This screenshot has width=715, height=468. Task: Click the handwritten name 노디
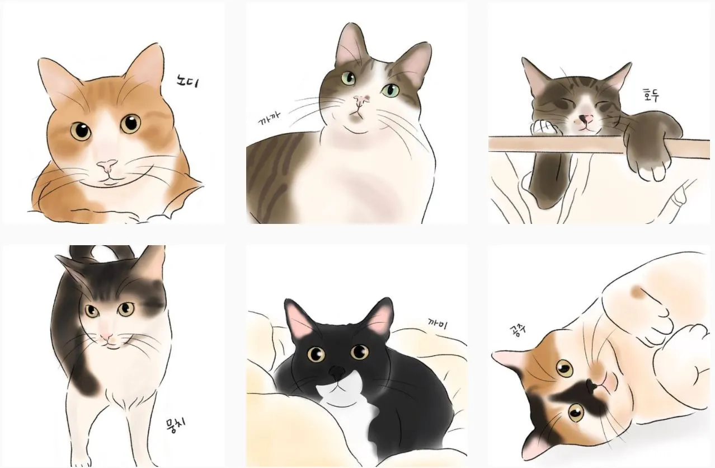click(187, 81)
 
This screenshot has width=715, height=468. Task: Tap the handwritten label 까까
click(270, 118)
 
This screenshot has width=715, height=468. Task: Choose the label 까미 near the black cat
click(438, 324)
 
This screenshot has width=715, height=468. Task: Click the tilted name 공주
click(518, 331)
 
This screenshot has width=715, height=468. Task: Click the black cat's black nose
click(337, 371)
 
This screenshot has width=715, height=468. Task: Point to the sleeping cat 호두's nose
click(585, 119)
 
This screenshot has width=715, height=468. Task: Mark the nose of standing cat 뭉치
click(106, 336)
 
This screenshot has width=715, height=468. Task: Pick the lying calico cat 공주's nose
click(592, 385)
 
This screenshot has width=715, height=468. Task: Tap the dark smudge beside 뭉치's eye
click(153, 297)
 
